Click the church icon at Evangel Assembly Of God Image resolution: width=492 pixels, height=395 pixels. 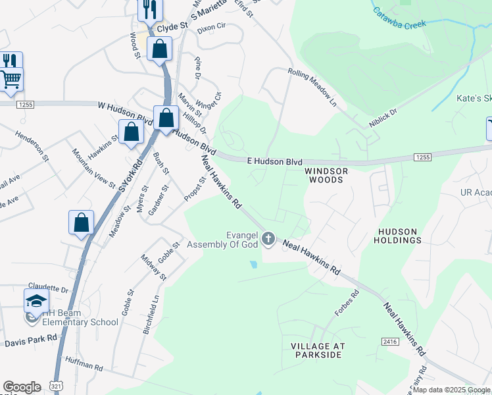268,238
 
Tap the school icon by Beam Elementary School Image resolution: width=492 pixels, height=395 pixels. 37,302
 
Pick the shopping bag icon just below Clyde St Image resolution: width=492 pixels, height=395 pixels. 160,49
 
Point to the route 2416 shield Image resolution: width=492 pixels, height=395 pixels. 390,341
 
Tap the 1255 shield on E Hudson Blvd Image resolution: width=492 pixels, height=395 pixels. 422,157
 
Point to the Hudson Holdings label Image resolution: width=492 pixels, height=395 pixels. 399,236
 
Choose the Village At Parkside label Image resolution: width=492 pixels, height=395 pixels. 317,350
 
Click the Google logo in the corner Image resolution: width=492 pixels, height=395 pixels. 22,387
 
